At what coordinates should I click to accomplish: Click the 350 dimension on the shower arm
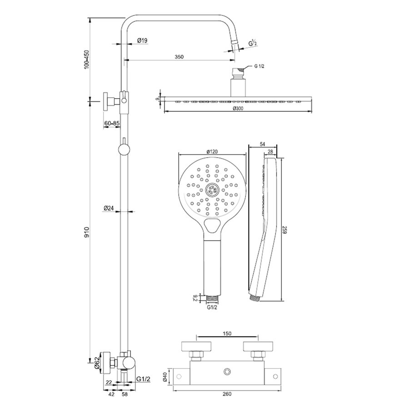179,57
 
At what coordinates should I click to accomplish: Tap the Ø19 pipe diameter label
142,41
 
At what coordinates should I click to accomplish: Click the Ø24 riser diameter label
108,209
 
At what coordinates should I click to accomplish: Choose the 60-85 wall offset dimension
111,123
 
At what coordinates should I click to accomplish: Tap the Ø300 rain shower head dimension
238,108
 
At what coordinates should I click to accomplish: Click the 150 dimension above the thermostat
227,334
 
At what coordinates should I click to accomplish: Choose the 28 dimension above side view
270,151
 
